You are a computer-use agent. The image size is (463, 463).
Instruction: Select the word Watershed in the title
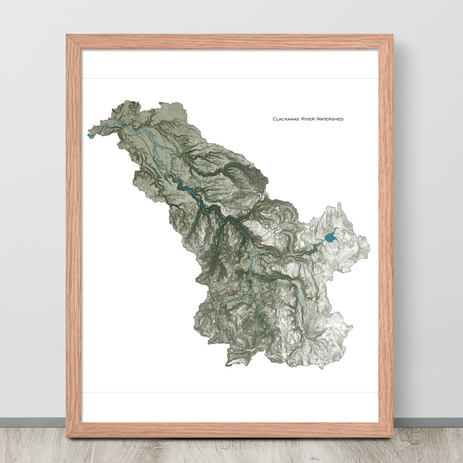330,119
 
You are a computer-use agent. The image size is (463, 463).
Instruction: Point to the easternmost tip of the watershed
369,246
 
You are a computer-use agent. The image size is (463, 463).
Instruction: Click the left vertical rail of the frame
74,231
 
